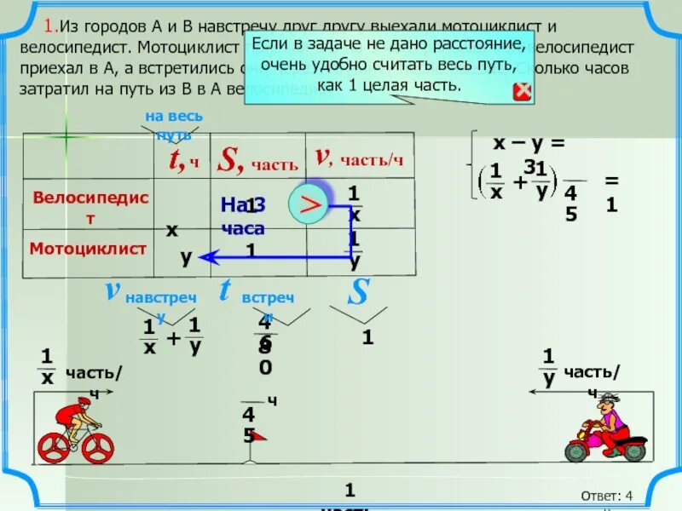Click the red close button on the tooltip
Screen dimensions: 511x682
(x=522, y=91)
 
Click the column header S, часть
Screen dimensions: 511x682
(x=257, y=158)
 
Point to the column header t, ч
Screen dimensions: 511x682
(x=182, y=158)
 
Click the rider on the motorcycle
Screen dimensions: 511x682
(x=606, y=417)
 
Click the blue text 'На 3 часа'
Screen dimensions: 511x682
(x=243, y=216)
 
